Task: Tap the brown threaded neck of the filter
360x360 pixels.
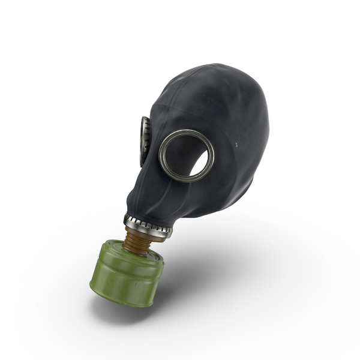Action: pos(137,243)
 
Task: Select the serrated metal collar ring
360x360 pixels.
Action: pos(147,227)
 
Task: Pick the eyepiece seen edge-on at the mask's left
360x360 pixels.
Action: pos(145,142)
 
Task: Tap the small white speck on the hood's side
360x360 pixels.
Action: pos(238,145)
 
